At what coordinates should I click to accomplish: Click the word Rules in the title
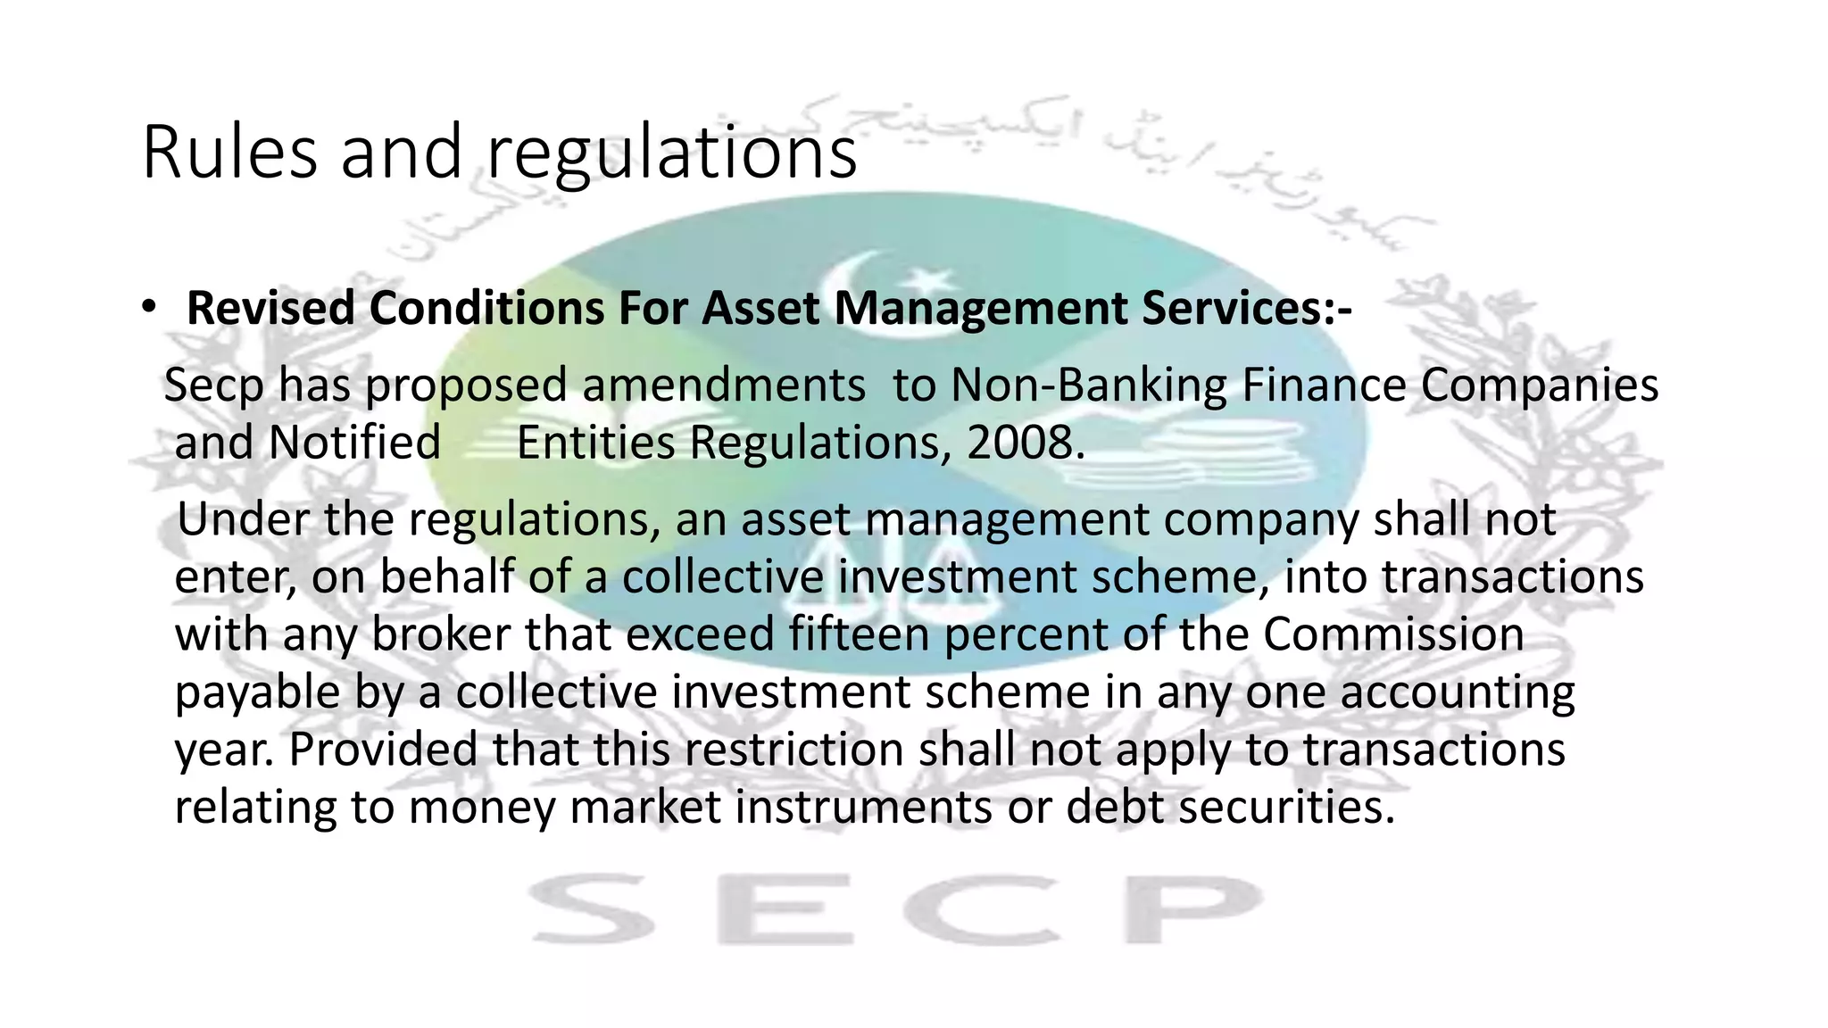tap(228, 153)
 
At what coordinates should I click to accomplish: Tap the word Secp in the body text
tap(214, 386)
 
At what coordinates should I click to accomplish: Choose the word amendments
tap(724, 385)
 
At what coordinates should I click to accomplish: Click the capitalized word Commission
tap(1393, 634)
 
